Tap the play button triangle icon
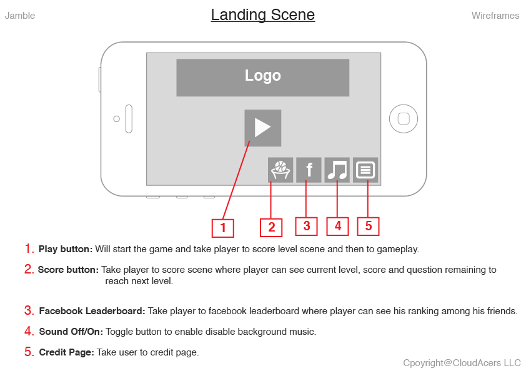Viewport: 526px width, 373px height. click(262, 128)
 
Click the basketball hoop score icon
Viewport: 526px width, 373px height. click(280, 170)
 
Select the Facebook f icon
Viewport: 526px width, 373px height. click(309, 170)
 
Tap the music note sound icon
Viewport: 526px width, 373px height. click(337, 170)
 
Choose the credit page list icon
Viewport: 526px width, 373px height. click(365, 170)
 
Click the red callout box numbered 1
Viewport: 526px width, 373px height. click(223, 228)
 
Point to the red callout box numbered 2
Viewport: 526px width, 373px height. click(271, 228)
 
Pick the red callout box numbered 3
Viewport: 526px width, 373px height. click(306, 226)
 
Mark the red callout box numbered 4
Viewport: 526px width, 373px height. click(337, 226)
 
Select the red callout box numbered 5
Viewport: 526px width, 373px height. click(368, 226)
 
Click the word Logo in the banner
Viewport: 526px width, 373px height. click(262, 76)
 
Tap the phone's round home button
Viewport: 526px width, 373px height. click(404, 119)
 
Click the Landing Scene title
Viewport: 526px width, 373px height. click(262, 15)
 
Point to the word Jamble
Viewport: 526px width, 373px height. click(20, 16)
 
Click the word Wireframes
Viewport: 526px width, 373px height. click(495, 16)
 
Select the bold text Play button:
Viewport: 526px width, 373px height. click(66, 249)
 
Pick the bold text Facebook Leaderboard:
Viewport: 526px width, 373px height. click(92, 311)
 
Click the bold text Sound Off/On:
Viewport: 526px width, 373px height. click(71, 332)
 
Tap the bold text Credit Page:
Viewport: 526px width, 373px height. click(67, 352)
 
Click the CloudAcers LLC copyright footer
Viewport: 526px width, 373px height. click(462, 363)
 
